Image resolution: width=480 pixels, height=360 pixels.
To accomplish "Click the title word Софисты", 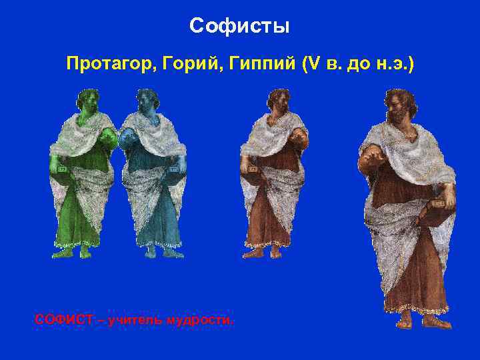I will coord(239,26).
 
